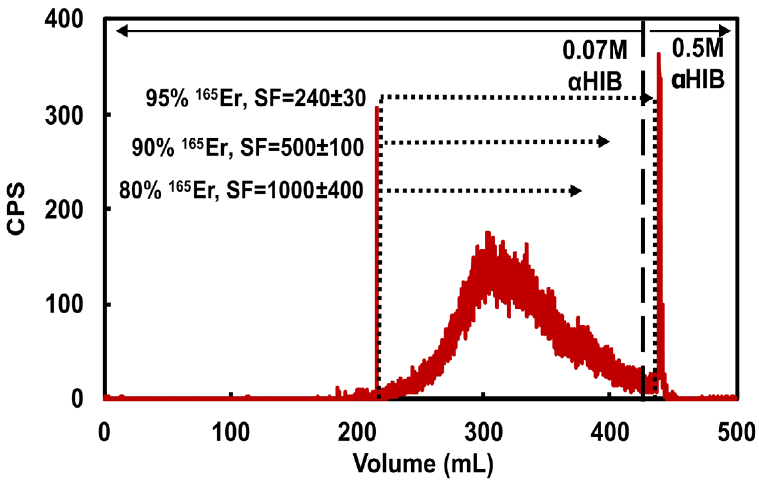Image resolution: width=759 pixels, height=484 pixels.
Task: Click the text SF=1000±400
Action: click(295, 191)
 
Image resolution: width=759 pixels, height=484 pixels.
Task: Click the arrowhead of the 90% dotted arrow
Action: click(604, 142)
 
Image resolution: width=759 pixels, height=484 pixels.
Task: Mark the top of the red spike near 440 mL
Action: click(658, 54)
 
